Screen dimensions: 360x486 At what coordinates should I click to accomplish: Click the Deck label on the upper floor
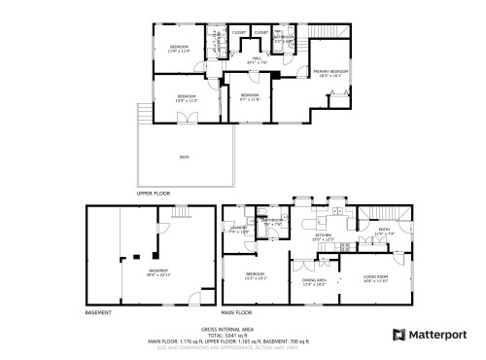click(x=184, y=157)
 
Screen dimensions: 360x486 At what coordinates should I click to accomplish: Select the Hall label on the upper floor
click(x=259, y=59)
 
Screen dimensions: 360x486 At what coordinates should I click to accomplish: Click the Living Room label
click(x=376, y=281)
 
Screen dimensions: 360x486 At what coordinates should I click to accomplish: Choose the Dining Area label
click(x=314, y=282)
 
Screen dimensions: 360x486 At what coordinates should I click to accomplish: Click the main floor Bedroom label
click(x=256, y=275)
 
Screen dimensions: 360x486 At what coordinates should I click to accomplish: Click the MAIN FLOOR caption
click(x=237, y=312)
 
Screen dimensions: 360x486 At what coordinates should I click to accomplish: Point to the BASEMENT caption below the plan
click(x=98, y=312)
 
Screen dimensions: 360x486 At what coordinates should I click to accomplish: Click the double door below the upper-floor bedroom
click(x=190, y=117)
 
